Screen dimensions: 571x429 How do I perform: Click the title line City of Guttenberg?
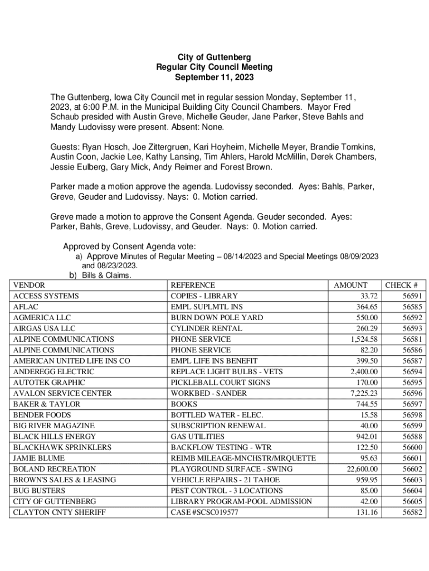(214, 57)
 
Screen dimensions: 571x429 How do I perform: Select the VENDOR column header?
(29, 285)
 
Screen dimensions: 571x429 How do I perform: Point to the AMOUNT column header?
(350, 285)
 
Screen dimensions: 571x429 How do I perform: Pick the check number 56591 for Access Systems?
(411, 296)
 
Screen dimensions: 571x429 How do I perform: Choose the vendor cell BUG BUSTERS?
(36, 491)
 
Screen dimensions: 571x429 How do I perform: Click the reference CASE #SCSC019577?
(204, 512)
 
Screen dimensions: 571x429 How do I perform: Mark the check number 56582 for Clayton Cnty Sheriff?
(411, 512)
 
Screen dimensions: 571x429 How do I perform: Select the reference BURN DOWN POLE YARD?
(217, 317)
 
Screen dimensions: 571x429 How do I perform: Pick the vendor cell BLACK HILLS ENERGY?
(54, 437)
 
